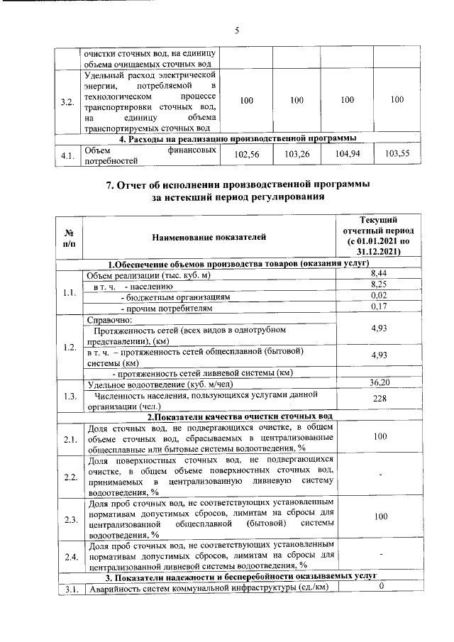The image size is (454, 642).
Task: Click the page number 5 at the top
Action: (x=238, y=29)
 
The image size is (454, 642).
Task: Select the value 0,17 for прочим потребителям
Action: (x=378, y=306)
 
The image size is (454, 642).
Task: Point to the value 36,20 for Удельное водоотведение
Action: (x=378, y=382)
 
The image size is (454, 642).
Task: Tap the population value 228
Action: (x=378, y=399)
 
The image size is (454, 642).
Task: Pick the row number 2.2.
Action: (x=70, y=476)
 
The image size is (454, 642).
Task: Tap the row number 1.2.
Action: (x=70, y=348)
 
